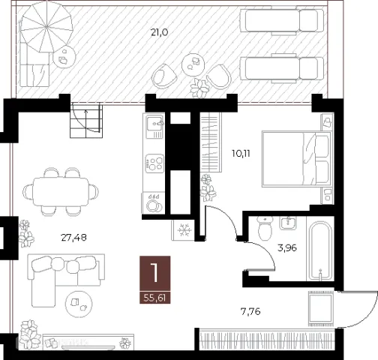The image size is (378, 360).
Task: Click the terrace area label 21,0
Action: coord(160,32)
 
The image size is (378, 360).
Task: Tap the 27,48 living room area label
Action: coord(74,238)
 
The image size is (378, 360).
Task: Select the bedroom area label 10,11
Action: coord(241,154)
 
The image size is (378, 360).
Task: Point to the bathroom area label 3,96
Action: coord(287,248)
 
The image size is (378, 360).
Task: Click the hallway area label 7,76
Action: coord(250,311)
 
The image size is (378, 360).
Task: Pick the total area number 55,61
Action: coord(154,298)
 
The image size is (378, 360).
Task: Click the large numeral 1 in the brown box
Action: coord(154,273)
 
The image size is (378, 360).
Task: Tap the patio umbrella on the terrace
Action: coord(46,26)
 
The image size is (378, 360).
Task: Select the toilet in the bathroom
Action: coord(265,228)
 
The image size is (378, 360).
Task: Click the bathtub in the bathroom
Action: coord(321,250)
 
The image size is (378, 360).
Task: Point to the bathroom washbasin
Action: coord(288,223)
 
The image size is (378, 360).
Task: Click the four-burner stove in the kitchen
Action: coord(154,163)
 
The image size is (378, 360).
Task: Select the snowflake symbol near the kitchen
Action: coord(184,230)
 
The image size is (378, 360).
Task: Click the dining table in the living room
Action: coord(61,191)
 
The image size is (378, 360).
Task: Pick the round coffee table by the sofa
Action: coord(79,304)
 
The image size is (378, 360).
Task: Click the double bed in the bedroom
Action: coord(296,159)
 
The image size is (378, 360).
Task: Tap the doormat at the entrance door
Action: coord(320,308)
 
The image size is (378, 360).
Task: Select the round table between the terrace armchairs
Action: coord(193,64)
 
